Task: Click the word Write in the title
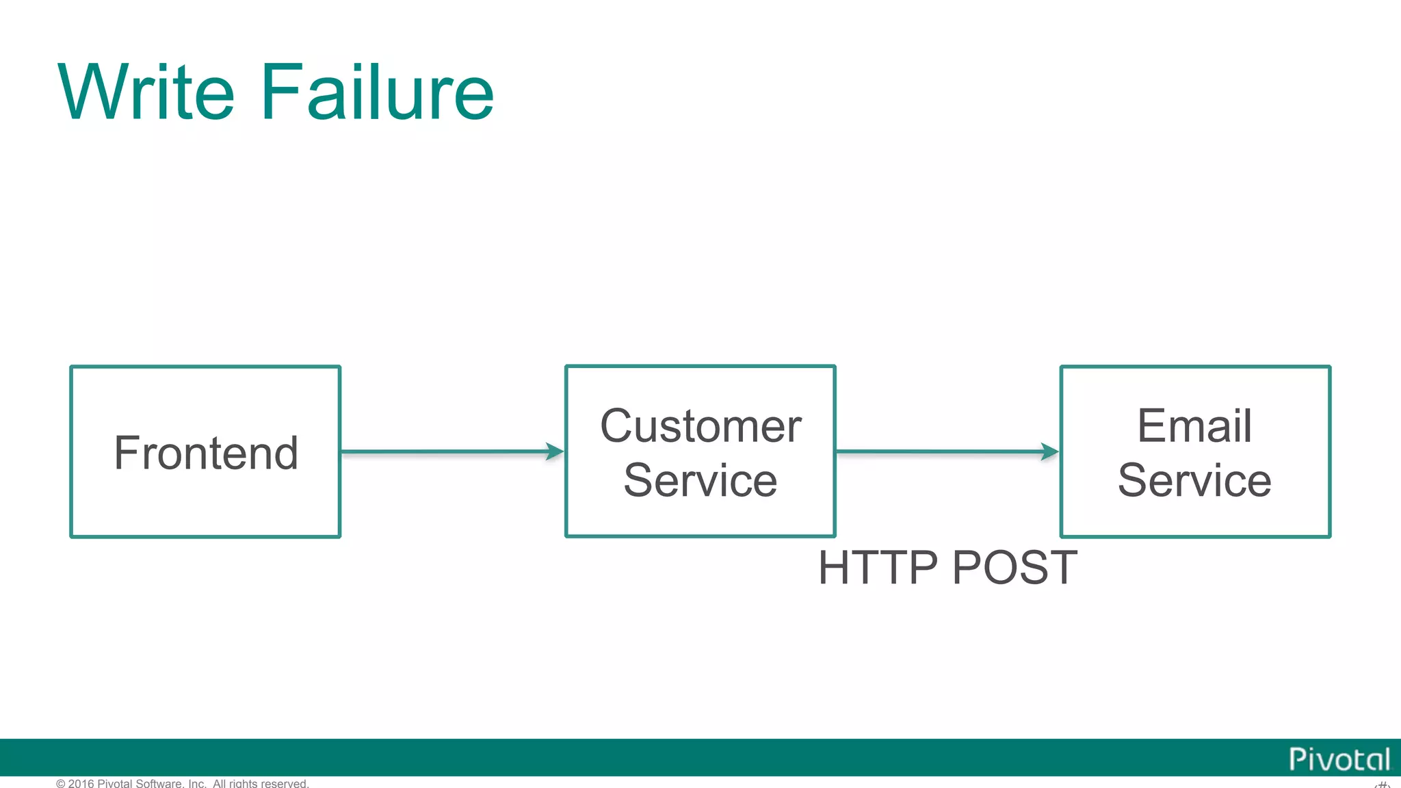tap(146, 92)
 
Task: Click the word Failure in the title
tap(377, 92)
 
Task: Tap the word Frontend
tap(206, 453)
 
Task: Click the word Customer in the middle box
tap(700, 426)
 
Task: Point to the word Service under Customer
tap(700, 480)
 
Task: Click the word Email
tap(1194, 425)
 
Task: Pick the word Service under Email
tap(1194, 480)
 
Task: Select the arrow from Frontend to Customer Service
tap(445, 451)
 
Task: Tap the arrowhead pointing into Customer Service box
tap(555, 451)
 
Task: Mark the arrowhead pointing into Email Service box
tap(1050, 451)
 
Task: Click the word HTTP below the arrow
tap(878, 568)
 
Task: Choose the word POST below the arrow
tap(1014, 568)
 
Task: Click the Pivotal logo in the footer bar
tap(1339, 759)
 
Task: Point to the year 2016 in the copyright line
tap(81, 783)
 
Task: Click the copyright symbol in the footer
tap(60, 783)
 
